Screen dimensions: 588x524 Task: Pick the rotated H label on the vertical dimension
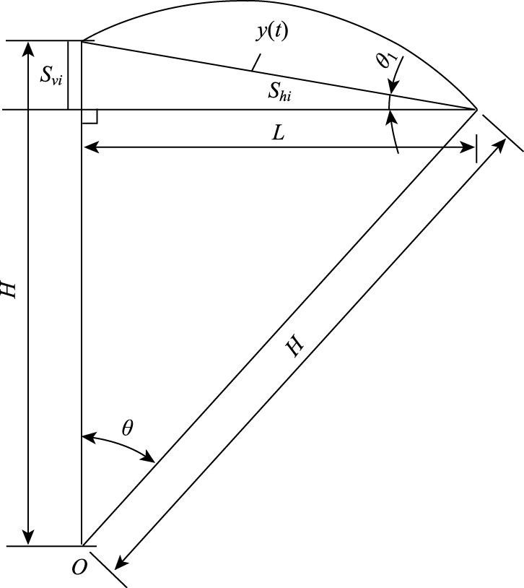pos(8,290)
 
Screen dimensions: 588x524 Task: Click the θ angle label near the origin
pos(127,428)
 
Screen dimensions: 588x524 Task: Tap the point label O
pos(79,568)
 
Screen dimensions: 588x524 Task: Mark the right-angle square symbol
pos(89,116)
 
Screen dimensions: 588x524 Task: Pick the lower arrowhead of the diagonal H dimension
pos(124,563)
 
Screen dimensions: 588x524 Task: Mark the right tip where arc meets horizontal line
pos(477,110)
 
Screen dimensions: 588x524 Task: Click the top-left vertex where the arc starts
pos(82,41)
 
